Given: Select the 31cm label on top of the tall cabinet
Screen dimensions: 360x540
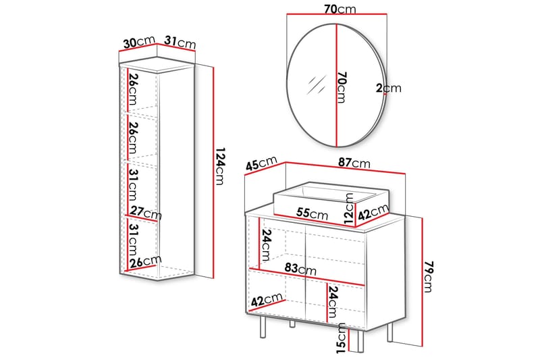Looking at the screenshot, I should (x=181, y=43).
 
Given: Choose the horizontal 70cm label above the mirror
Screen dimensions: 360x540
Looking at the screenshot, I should (x=340, y=9).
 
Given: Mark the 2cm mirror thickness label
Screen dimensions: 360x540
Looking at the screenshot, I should (x=389, y=88).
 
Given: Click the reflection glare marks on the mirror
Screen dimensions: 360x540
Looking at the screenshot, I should (x=315, y=85).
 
